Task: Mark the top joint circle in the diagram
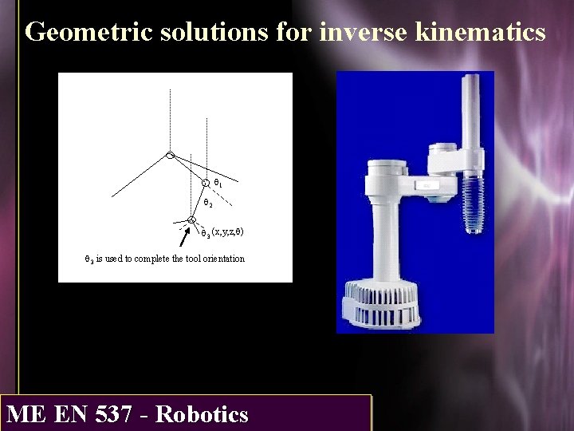click(170, 155)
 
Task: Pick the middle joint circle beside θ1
click(206, 183)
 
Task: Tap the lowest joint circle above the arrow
click(191, 220)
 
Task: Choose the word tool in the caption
click(179, 259)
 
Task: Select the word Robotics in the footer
click(202, 415)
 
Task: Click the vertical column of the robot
click(391, 239)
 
